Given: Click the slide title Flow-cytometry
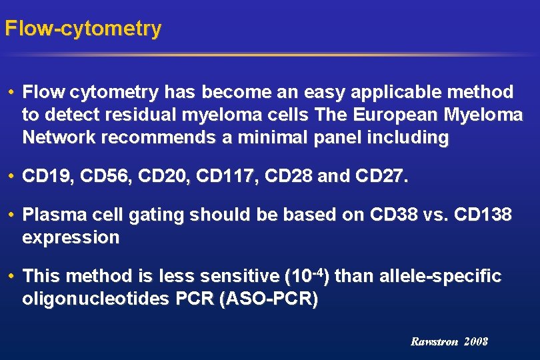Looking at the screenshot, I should [83, 29].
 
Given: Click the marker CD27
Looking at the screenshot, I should [381, 177].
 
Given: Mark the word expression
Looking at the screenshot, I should [71, 238].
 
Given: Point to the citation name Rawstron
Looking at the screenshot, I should [435, 341].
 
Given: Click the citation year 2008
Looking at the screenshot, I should [477, 341].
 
